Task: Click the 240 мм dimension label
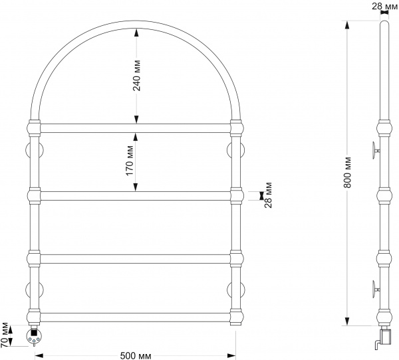click(136, 76)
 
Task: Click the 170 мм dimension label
click(130, 161)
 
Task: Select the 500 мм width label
click(136, 355)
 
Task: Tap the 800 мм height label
click(347, 173)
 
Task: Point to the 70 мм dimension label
click(5, 335)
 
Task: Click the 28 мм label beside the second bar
click(268, 195)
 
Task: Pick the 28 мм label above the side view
click(385, 6)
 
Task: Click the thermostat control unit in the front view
click(33, 336)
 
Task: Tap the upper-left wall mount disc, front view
click(35, 151)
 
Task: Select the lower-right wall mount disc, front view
click(236, 290)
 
